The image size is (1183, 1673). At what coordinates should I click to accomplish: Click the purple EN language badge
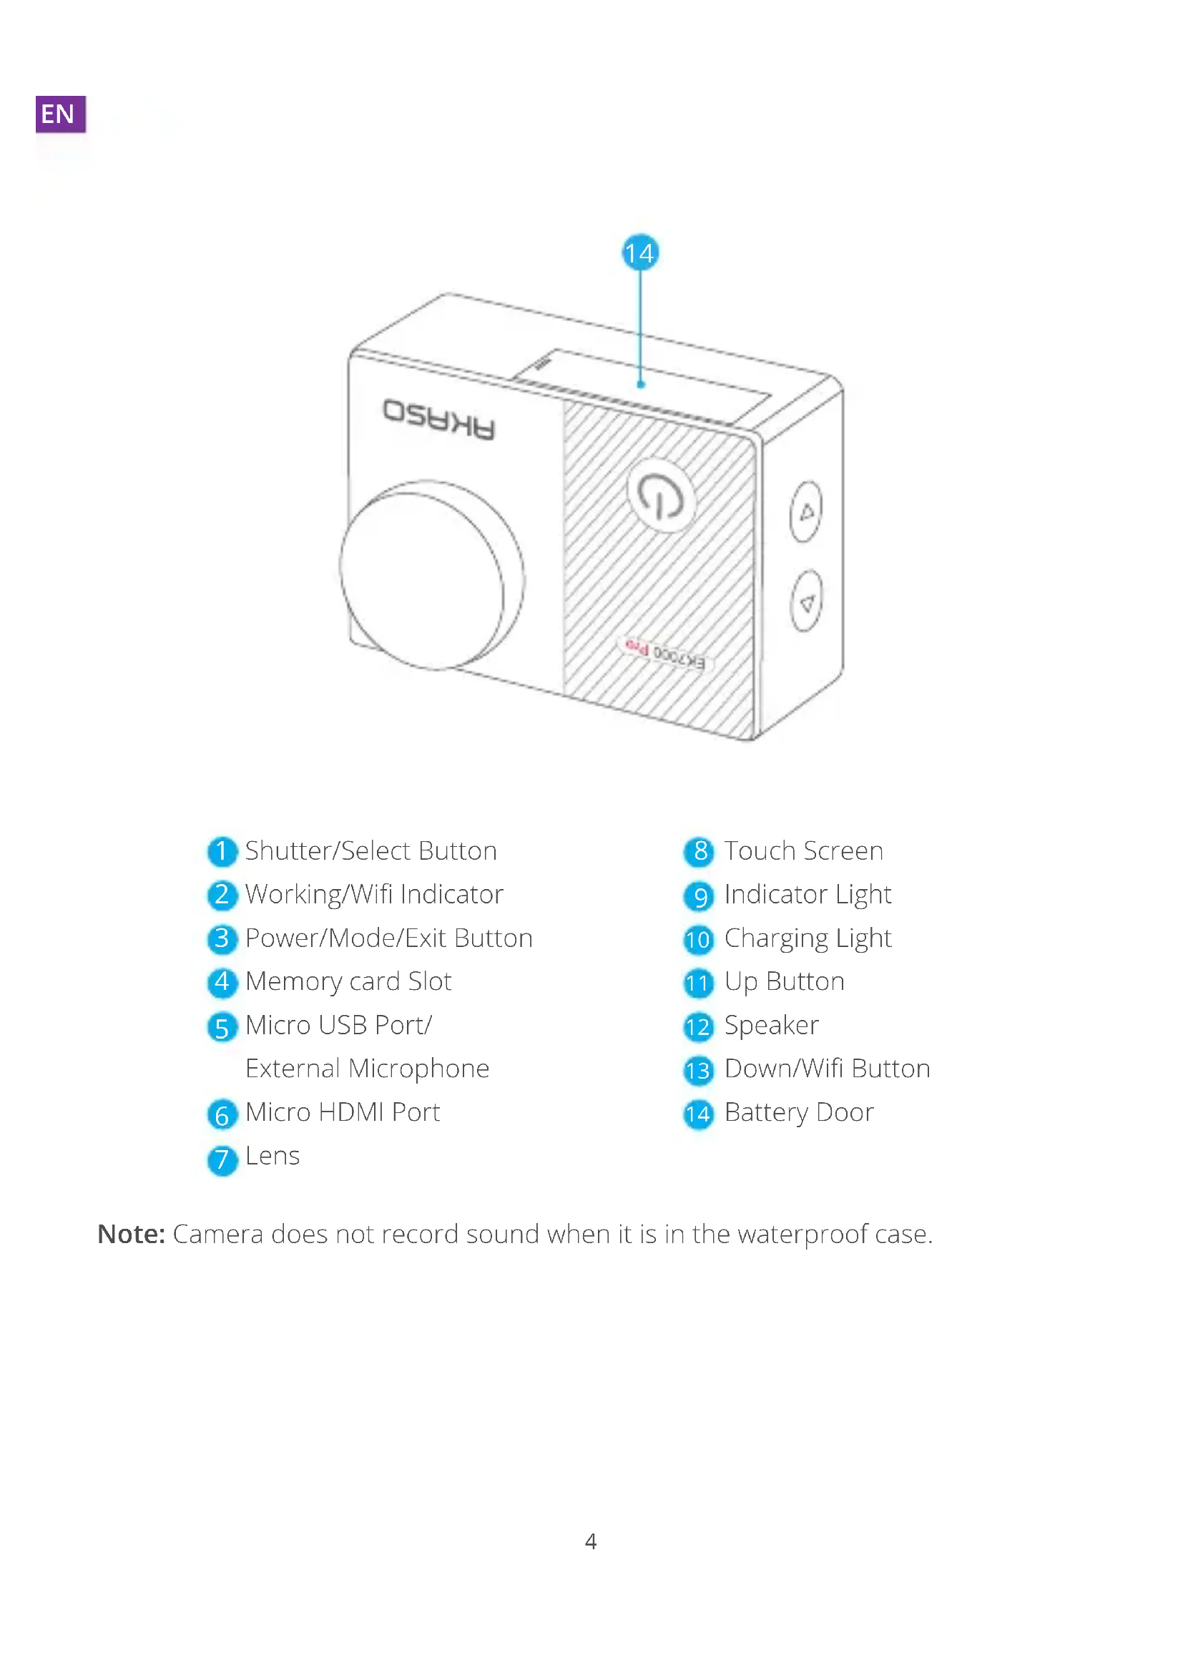(x=60, y=113)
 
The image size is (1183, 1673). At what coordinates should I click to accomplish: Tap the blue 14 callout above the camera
(x=639, y=252)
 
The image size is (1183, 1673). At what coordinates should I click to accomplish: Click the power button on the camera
(x=661, y=496)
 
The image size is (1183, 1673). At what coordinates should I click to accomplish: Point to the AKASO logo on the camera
(x=439, y=420)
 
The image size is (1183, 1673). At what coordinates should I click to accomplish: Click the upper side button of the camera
(x=805, y=511)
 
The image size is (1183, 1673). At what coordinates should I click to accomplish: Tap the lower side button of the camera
(x=805, y=601)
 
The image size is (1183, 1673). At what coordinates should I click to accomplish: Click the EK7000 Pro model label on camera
(x=664, y=652)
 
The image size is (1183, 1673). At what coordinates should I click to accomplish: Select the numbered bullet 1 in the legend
(x=222, y=851)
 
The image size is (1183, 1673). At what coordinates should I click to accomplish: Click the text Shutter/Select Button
(x=370, y=851)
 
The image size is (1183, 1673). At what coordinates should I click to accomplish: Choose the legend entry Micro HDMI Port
(x=343, y=1113)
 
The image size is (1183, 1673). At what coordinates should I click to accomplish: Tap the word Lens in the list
(x=273, y=1157)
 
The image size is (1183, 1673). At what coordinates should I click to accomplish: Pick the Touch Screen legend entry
(x=802, y=851)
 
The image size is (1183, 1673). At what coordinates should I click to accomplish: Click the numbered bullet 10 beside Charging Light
(x=698, y=939)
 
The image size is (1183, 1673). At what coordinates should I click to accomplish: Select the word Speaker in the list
(x=772, y=1026)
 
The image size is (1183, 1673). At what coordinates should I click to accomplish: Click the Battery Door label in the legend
(x=798, y=1113)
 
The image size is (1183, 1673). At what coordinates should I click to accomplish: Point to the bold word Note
(x=131, y=1235)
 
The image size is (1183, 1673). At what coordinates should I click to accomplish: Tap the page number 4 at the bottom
(x=591, y=1541)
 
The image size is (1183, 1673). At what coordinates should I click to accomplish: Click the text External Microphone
(x=367, y=1069)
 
